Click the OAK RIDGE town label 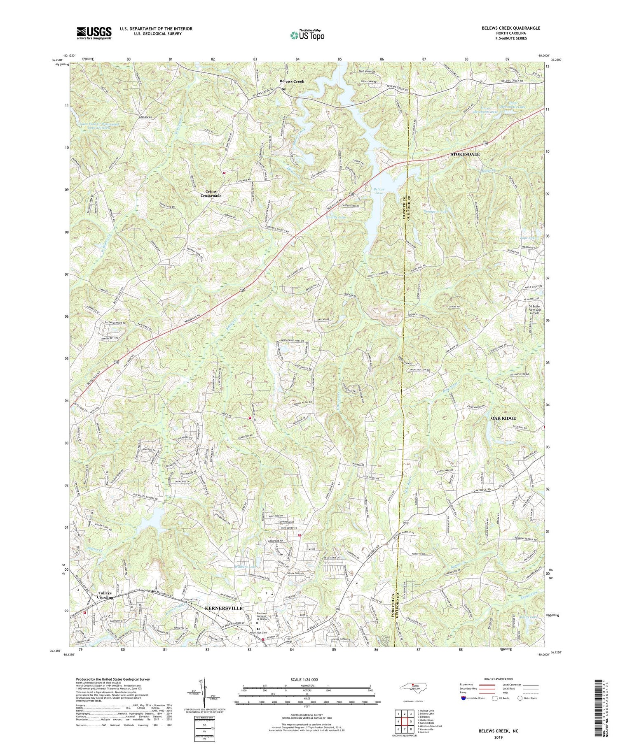(x=503, y=418)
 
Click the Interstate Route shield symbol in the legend (x=463, y=698)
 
